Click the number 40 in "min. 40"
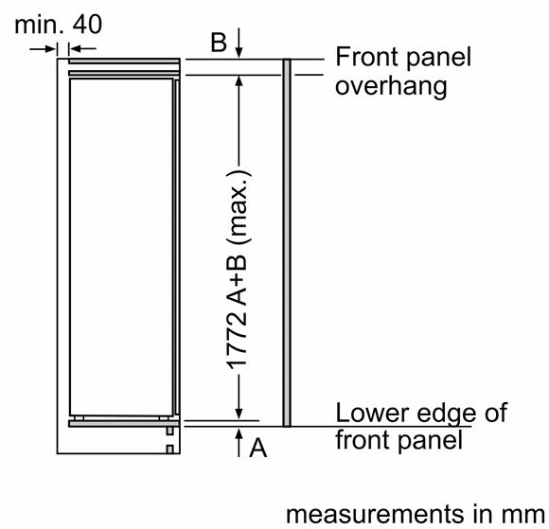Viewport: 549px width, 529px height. click(87, 25)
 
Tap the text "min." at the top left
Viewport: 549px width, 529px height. click(39, 25)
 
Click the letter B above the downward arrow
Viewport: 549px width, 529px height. click(219, 43)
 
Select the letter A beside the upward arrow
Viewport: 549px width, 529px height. click(258, 448)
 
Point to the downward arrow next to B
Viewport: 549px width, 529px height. click(239, 43)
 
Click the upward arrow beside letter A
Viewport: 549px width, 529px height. click(239, 442)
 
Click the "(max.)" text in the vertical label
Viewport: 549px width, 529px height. click(239, 207)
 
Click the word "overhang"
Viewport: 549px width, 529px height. click(391, 86)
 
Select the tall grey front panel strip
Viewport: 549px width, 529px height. click(287, 242)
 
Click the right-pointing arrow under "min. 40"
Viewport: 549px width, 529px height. click(43, 48)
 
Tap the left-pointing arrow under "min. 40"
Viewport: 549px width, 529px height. click(82, 48)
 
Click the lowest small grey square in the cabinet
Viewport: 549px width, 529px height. click(169, 450)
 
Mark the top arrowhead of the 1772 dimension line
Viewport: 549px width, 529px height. click(239, 80)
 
